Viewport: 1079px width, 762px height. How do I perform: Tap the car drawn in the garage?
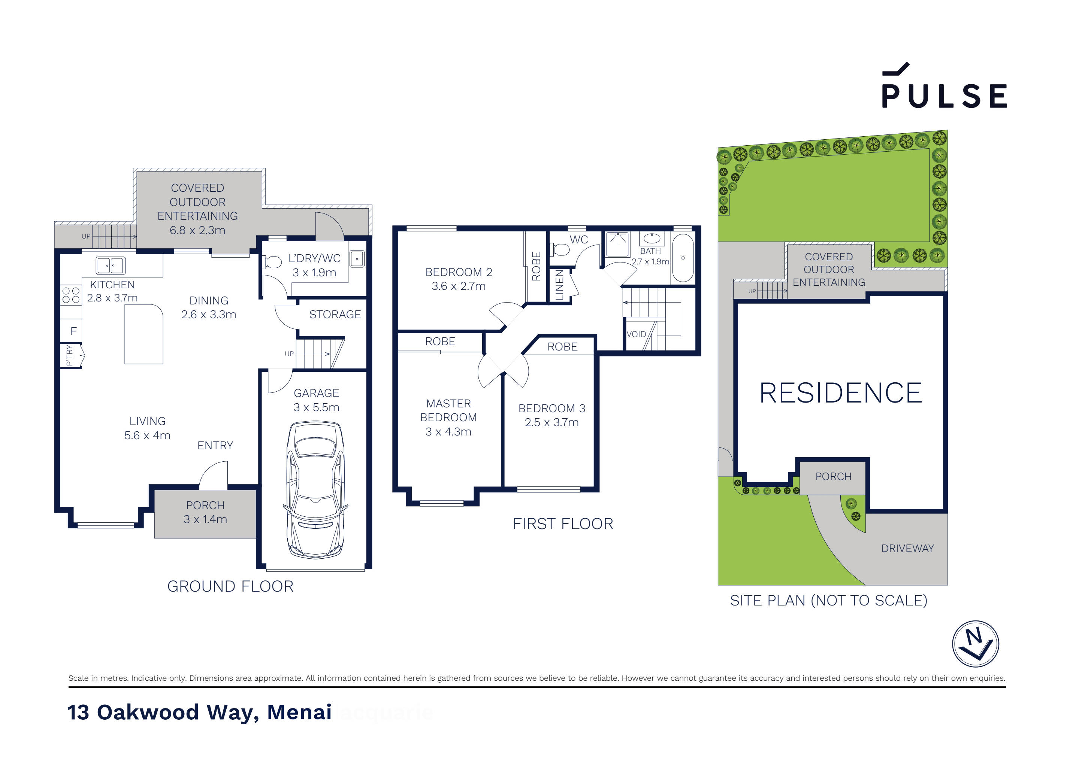coord(315,489)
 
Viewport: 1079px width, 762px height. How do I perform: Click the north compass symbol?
coord(975,643)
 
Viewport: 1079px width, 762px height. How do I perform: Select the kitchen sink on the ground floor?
coord(111,265)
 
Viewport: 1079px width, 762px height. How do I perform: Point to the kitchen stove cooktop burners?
coord(70,295)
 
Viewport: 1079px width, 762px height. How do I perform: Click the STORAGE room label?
coord(335,314)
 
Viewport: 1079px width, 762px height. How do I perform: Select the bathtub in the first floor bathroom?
coord(683,258)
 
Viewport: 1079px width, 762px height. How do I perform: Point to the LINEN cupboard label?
coord(559,285)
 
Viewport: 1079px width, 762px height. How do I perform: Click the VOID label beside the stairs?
coord(636,334)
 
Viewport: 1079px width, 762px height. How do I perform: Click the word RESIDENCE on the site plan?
coord(840,393)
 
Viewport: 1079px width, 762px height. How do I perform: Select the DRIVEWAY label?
coord(907,548)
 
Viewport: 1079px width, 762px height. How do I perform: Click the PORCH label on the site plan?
coord(833,476)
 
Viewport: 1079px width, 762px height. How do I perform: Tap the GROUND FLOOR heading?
coord(230,586)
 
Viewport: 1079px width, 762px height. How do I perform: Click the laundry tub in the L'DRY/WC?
coord(357,258)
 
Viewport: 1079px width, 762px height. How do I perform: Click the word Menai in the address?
coord(299,712)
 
